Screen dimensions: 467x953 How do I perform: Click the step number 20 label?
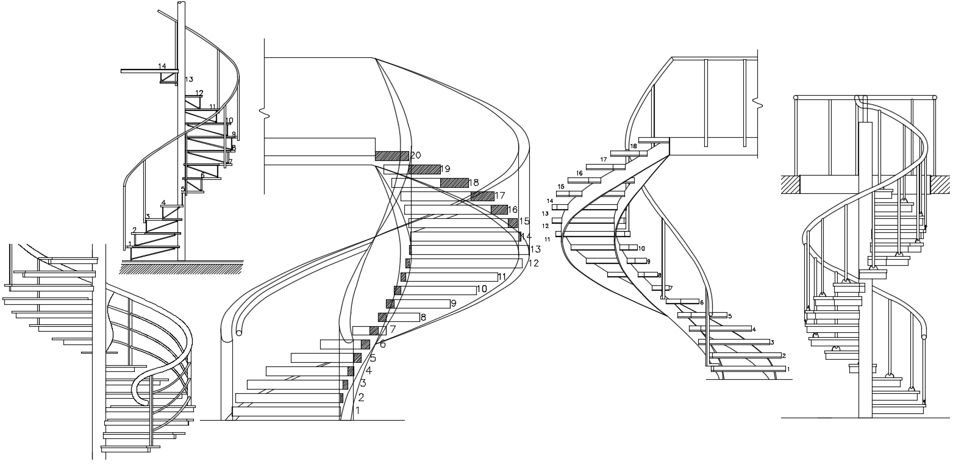(x=416, y=155)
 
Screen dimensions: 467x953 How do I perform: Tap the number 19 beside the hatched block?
(x=445, y=169)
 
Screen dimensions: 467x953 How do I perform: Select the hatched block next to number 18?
(x=454, y=183)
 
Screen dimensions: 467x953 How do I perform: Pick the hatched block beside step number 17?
(x=482, y=196)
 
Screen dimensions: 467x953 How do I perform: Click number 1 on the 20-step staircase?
(x=357, y=411)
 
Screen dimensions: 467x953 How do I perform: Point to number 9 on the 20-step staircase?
(x=454, y=303)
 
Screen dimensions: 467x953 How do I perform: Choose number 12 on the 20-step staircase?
(x=534, y=263)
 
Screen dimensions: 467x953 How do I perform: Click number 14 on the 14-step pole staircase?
(x=162, y=66)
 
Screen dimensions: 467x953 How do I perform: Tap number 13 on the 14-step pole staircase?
(x=189, y=79)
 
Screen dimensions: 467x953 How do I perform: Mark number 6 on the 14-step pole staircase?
(x=202, y=176)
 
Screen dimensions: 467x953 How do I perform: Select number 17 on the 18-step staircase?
(x=604, y=160)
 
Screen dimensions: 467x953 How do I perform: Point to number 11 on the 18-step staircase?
(x=548, y=240)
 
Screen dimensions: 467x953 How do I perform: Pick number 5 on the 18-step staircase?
(x=729, y=316)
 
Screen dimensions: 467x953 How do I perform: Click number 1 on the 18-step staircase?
(x=788, y=369)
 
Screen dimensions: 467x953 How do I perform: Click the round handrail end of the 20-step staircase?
(x=239, y=333)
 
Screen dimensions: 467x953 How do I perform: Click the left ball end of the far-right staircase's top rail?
(x=796, y=97)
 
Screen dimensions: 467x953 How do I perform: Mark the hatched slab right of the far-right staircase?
(x=940, y=184)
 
